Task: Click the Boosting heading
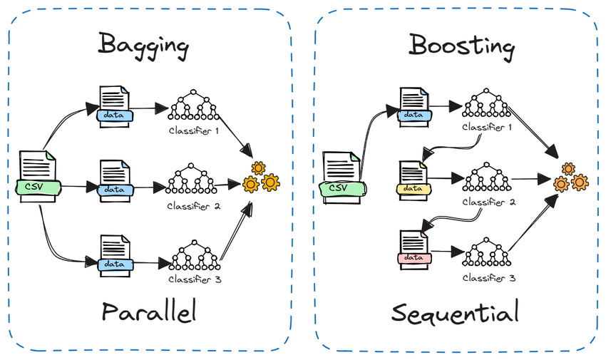tap(461, 46)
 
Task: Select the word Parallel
tap(148, 312)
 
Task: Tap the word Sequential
tap(456, 312)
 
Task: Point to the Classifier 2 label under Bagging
tap(193, 206)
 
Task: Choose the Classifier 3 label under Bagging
tap(195, 280)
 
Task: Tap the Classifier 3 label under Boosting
tap(488, 277)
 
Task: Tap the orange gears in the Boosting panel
tap(571, 178)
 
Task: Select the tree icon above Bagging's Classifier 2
tap(192, 180)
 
